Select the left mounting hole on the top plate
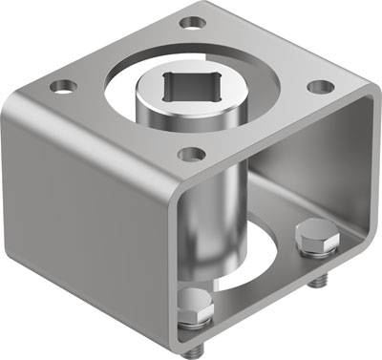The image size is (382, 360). coord(65,86)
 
